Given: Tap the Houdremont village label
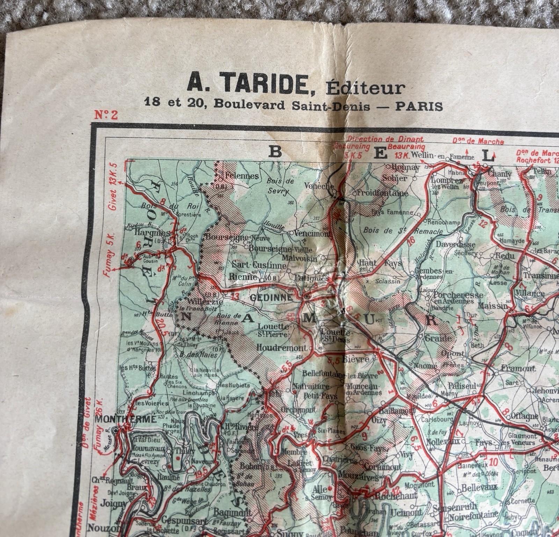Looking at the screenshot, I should (x=281, y=348).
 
